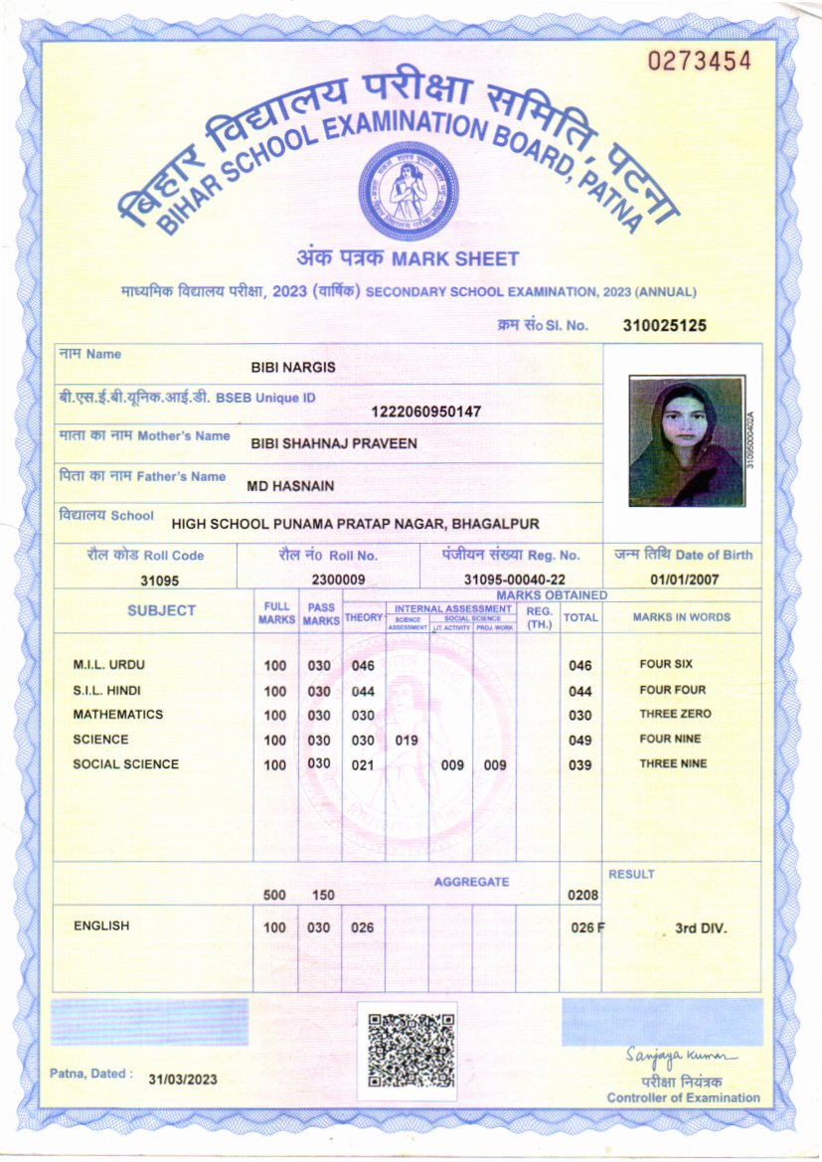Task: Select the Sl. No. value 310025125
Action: point(665,325)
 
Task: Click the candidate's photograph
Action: point(686,441)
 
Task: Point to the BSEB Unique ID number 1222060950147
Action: point(425,412)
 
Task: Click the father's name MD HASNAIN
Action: point(290,486)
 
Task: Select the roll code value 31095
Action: point(159,581)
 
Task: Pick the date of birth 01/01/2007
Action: point(686,581)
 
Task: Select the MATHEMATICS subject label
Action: point(117,715)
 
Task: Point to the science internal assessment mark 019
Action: point(407,741)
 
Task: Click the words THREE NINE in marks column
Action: point(673,764)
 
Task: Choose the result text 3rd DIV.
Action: point(701,928)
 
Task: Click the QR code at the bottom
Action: point(411,1051)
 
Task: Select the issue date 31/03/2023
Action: point(183,1079)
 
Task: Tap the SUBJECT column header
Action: point(161,610)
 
